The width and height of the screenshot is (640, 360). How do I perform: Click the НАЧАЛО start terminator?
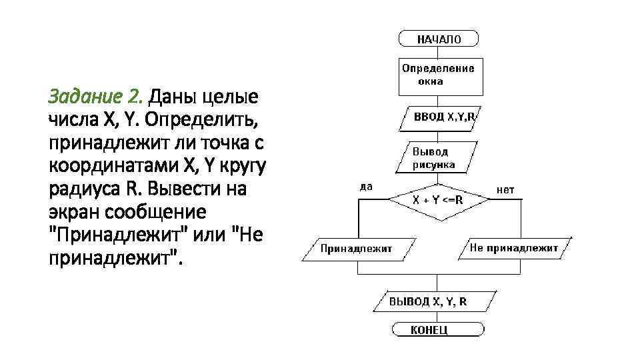point(439,39)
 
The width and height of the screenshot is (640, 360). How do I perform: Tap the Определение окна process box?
point(439,75)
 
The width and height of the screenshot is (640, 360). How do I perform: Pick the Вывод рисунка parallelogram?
point(439,157)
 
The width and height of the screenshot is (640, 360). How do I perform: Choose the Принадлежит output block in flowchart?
point(357,249)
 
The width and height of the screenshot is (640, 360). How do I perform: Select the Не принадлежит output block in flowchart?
point(513,248)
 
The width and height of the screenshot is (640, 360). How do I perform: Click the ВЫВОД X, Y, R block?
point(438,301)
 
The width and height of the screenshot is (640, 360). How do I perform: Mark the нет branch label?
point(505,189)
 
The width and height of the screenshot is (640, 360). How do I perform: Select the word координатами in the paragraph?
point(117,166)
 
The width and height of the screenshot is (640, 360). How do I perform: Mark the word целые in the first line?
point(230,98)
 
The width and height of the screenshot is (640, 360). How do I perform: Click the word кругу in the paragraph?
point(238,166)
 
